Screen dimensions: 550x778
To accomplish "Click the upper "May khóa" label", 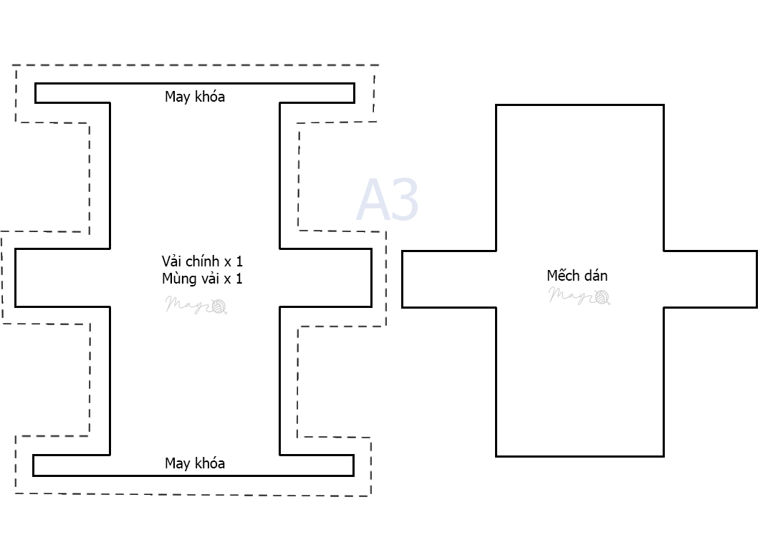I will pyautogui.click(x=195, y=97).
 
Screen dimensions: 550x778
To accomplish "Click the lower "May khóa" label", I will pyautogui.click(x=195, y=463).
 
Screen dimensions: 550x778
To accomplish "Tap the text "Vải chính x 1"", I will pyautogui.click(x=202, y=261).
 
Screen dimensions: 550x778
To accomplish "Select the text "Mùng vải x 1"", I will pyautogui.click(x=202, y=279).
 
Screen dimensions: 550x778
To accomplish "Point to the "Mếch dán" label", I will pyautogui.click(x=577, y=276).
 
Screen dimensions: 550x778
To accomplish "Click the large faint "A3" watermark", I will pyautogui.click(x=388, y=201).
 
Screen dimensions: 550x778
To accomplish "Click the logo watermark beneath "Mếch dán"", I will pyautogui.click(x=580, y=295).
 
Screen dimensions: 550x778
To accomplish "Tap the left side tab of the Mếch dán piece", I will pyautogui.click(x=448, y=279).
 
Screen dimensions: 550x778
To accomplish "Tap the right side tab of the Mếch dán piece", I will pyautogui.click(x=710, y=279).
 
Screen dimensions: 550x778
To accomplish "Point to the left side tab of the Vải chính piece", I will pyautogui.click(x=62, y=278).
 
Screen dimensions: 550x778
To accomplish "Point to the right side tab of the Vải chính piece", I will pyautogui.click(x=326, y=278).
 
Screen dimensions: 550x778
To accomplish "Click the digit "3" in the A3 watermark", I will pyautogui.click(x=405, y=201).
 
